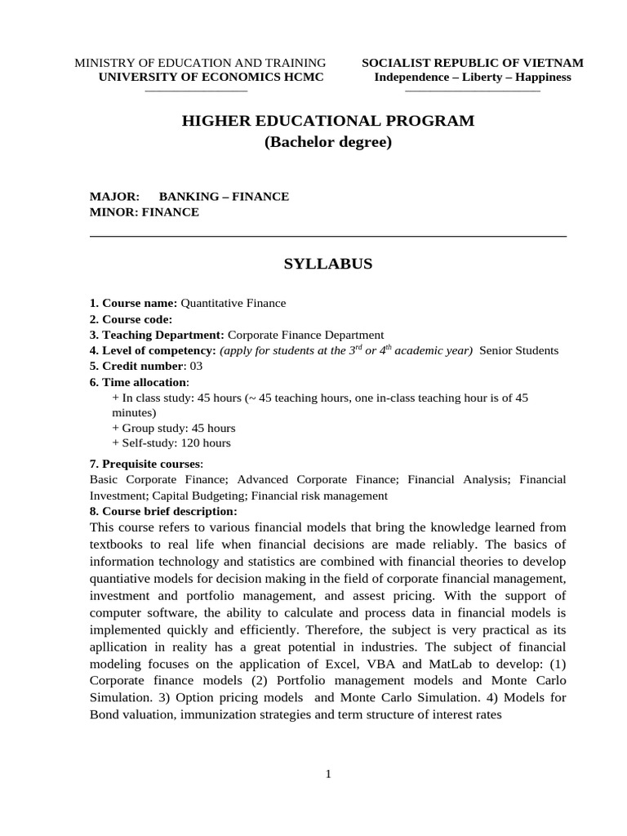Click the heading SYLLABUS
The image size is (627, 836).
[327, 264]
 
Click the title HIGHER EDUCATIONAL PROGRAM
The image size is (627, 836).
[327, 121]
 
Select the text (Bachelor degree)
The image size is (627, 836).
[327, 143]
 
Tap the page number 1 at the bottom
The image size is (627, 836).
[327, 775]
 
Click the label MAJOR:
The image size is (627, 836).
[114, 197]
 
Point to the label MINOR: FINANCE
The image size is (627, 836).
[144, 212]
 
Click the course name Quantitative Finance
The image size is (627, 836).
[233, 303]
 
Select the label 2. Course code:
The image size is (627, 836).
[131, 319]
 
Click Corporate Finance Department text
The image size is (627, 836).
[305, 335]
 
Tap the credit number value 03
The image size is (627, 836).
[196, 366]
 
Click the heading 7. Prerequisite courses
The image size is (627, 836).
[145, 464]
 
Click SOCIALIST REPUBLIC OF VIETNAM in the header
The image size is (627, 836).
[473, 64]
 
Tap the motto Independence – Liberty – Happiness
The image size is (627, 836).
[473, 78]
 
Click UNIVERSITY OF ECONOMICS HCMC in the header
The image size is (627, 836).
[211, 78]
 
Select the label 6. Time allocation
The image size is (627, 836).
[138, 382]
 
